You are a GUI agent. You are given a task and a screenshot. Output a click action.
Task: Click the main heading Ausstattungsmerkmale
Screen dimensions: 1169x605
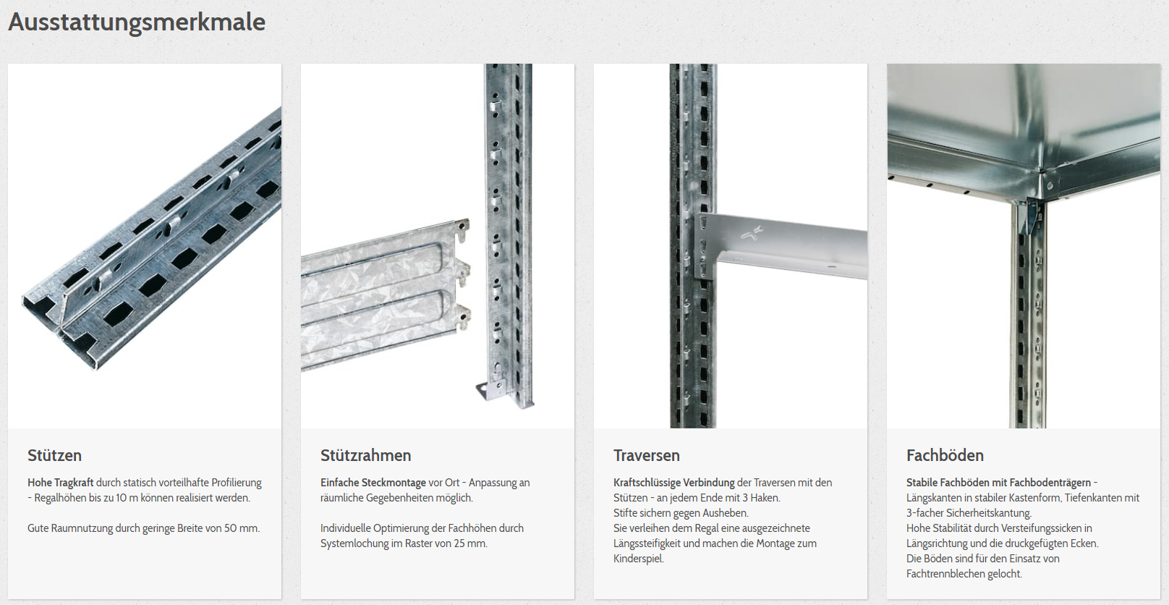coord(137,22)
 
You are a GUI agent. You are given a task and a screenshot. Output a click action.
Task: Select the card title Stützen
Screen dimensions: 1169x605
coord(54,455)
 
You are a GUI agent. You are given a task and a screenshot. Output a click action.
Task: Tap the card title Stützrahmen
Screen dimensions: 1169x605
coord(366,455)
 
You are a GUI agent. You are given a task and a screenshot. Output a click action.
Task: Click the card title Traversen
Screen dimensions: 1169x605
coord(647,455)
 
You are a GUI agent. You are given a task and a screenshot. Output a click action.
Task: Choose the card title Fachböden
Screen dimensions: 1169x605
coord(945,455)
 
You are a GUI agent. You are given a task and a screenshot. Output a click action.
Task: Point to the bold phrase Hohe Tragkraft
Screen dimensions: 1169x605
coord(61,483)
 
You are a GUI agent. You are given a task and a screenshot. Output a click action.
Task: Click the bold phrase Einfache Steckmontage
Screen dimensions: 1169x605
coord(373,483)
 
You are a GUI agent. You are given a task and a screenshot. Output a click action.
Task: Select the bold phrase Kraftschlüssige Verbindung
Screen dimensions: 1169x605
coord(674,483)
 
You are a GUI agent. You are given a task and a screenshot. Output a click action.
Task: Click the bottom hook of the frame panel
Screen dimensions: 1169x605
coord(463,318)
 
